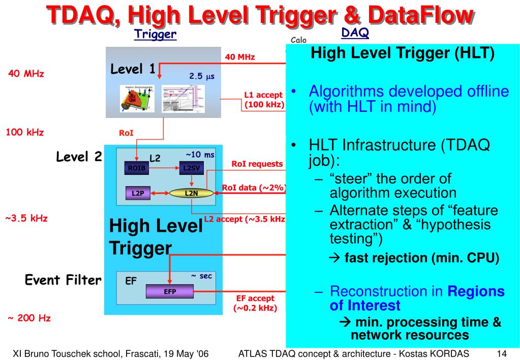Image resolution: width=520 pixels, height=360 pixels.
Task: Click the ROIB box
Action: (x=136, y=169)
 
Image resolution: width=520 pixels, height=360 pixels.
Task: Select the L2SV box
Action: (x=192, y=169)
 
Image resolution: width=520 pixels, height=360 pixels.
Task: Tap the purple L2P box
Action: (x=138, y=193)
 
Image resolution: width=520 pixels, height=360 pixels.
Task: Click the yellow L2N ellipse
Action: (x=191, y=193)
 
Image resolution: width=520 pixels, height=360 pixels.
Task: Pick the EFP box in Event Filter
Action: (x=170, y=292)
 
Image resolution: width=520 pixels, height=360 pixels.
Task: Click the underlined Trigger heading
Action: (x=155, y=35)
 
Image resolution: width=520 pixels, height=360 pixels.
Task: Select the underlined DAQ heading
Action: (x=355, y=33)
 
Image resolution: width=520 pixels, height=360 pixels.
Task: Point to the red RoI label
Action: (x=126, y=134)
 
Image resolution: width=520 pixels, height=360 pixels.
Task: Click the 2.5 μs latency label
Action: (x=202, y=77)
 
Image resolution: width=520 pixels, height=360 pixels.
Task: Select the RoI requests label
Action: (x=257, y=164)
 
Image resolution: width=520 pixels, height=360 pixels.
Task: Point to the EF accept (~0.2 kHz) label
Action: (x=255, y=303)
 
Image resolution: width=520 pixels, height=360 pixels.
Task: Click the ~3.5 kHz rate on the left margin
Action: (x=26, y=219)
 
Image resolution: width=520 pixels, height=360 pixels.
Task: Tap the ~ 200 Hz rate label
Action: (x=29, y=318)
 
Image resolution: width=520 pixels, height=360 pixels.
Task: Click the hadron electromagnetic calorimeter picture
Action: (x=136, y=98)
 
